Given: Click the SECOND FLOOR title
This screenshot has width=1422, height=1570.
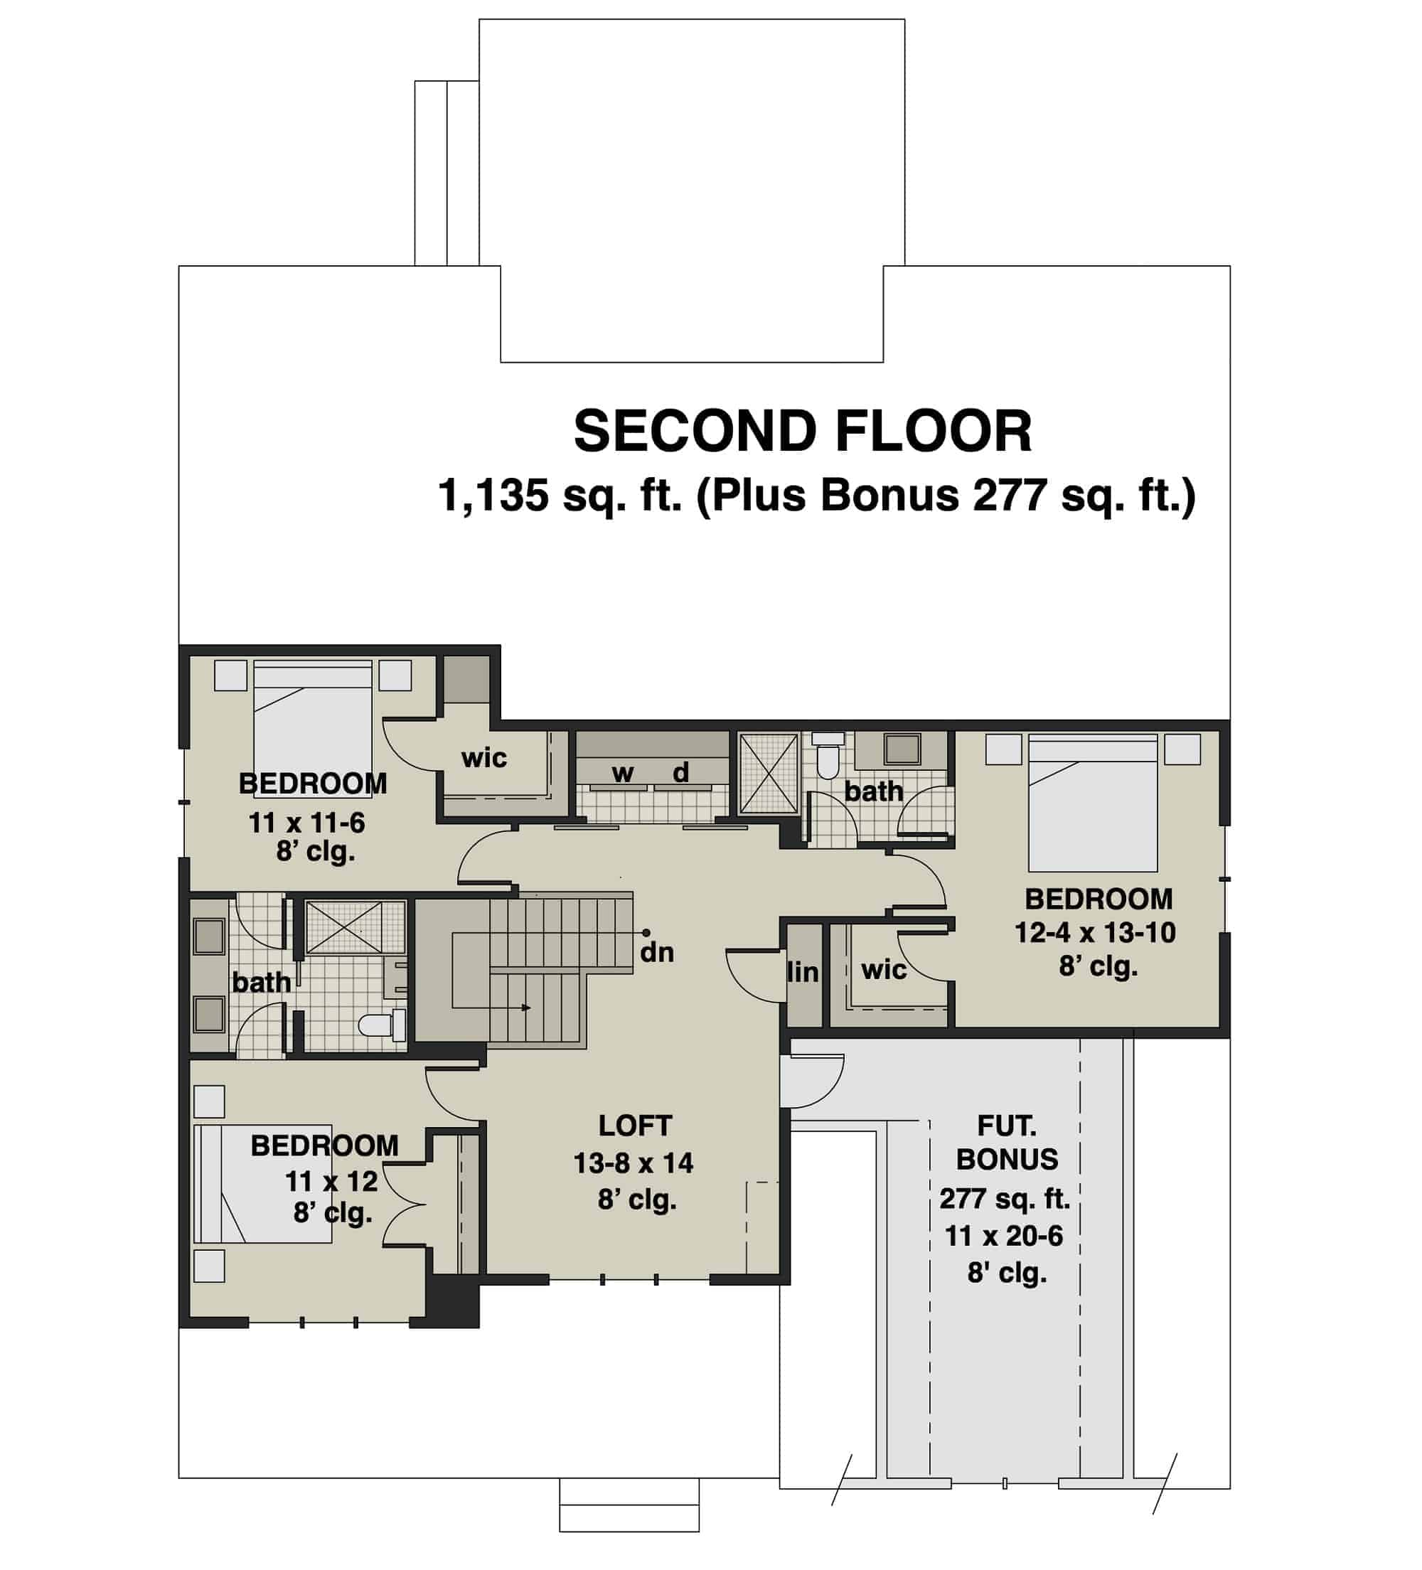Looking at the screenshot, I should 802,432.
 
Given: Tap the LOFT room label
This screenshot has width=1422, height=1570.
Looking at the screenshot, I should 635,1126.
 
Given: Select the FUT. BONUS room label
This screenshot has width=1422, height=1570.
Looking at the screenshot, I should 1006,1143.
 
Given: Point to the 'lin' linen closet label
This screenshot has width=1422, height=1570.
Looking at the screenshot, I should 803,973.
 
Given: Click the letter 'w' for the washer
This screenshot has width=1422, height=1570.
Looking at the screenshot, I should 622,774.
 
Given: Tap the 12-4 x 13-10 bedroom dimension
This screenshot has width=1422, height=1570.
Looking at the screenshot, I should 1094,933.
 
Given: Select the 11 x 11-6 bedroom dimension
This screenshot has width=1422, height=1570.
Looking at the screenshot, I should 307,823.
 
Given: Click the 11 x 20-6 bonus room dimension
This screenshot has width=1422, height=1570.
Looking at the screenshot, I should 1004,1236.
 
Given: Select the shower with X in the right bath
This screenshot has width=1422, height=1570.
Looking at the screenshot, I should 768,774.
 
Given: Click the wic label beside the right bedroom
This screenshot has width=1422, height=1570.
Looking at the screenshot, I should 884,971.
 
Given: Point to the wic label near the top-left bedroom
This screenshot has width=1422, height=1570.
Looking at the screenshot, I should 483,758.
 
